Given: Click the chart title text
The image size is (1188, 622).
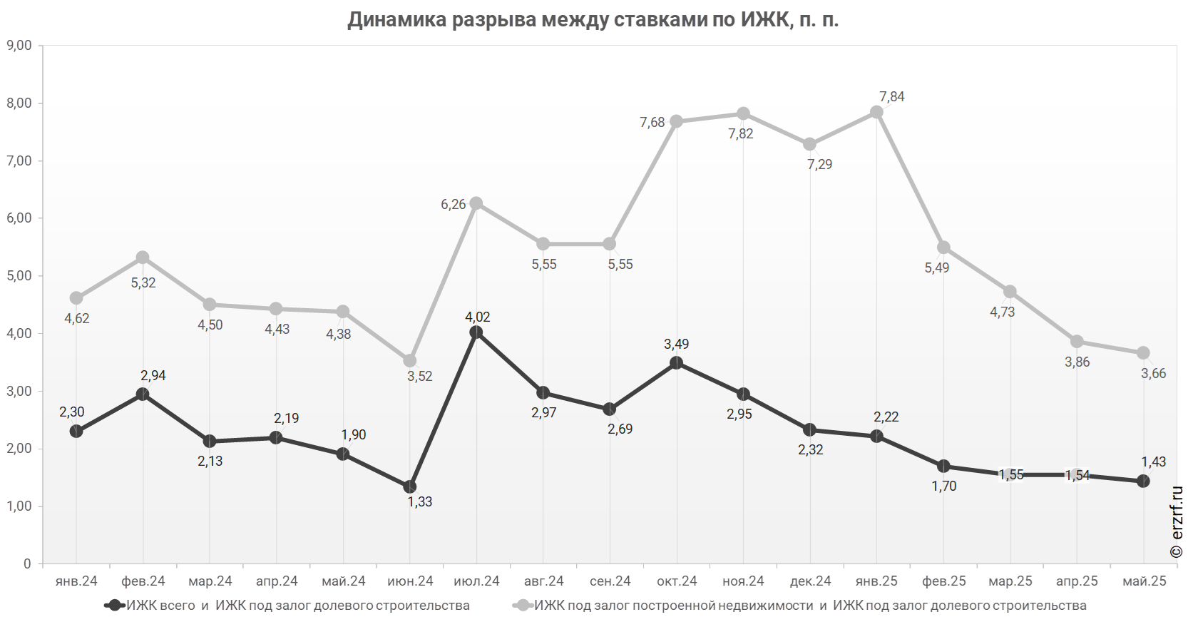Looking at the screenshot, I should tap(593, 19).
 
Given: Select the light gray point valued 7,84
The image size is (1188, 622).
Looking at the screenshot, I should tap(877, 113).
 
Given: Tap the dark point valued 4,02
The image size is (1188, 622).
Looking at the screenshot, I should tap(476, 332).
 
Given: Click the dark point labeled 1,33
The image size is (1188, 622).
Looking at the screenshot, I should tap(410, 487).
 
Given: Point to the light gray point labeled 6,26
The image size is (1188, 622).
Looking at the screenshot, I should tap(476, 203).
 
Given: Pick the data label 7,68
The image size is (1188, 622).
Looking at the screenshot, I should tap(652, 123).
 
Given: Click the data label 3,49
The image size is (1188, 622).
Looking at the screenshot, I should tap(676, 345).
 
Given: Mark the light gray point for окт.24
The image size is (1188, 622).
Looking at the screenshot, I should tap(677, 121).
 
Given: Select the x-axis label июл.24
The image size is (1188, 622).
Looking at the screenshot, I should tap(477, 581).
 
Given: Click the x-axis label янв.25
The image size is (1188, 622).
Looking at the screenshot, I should tap(877, 581).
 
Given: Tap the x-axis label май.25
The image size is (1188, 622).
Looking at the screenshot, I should tap(1144, 581).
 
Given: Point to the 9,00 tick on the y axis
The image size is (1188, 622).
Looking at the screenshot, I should tap(19, 46).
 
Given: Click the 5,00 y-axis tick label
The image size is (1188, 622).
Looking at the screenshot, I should tap(19, 276).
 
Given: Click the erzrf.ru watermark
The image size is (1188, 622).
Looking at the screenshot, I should tap(1177, 522).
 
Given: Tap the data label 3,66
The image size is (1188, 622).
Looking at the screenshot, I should tap(1153, 374).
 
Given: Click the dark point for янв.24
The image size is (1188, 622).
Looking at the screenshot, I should tap(76, 432).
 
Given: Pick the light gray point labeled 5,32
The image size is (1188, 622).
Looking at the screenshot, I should tap(143, 258).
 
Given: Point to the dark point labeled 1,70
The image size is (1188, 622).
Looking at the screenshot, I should tap(943, 466).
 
